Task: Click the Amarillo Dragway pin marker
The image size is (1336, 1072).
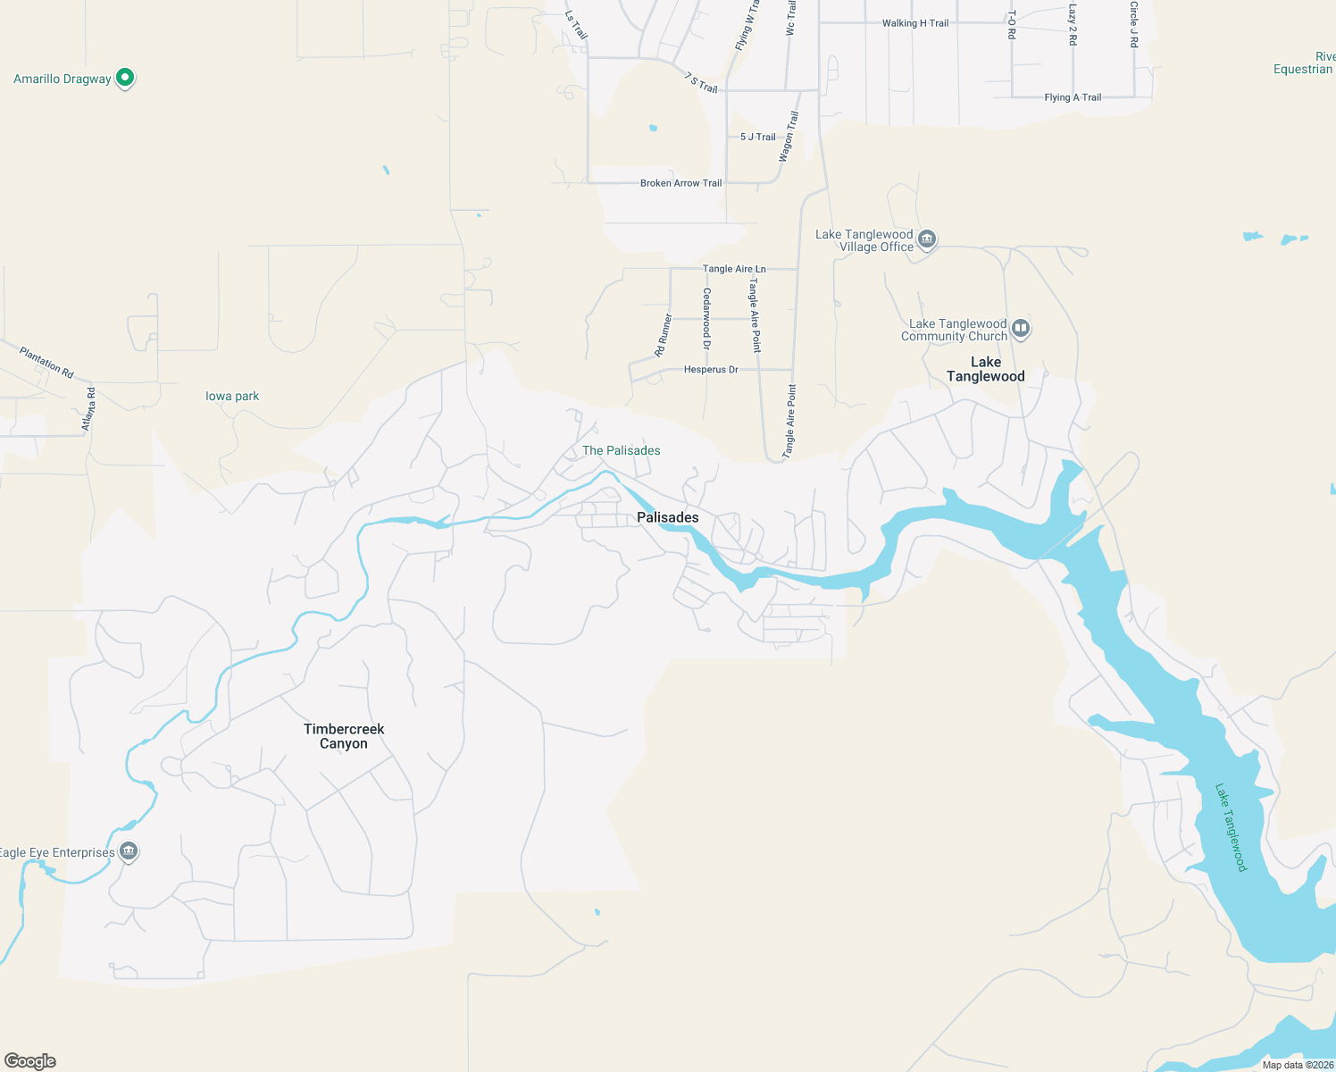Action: [125, 79]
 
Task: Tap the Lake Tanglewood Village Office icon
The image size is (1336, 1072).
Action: [927, 239]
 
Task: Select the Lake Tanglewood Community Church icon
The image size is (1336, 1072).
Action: [1021, 329]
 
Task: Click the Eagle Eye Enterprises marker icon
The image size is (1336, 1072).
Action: [129, 851]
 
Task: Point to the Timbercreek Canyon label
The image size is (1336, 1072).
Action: [344, 736]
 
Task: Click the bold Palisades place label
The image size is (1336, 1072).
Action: [668, 517]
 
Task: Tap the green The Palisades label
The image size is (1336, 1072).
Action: [622, 450]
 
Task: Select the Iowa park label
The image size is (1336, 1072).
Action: [232, 396]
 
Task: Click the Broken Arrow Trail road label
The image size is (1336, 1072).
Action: [681, 183]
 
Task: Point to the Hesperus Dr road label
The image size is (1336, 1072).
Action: [711, 369]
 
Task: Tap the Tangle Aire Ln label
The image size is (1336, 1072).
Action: [734, 269]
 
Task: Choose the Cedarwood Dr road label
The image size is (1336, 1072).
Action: [707, 318]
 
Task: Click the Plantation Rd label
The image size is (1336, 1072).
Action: [46, 362]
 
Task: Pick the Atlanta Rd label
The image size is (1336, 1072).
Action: [88, 409]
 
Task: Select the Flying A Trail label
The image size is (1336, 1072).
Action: [1073, 97]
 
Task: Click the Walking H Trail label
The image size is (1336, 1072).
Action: [915, 23]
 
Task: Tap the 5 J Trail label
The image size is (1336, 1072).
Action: [758, 137]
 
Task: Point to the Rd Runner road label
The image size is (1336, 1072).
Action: [664, 335]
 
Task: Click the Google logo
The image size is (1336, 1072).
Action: [30, 1061]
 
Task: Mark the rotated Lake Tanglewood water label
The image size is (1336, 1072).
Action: [1231, 827]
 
